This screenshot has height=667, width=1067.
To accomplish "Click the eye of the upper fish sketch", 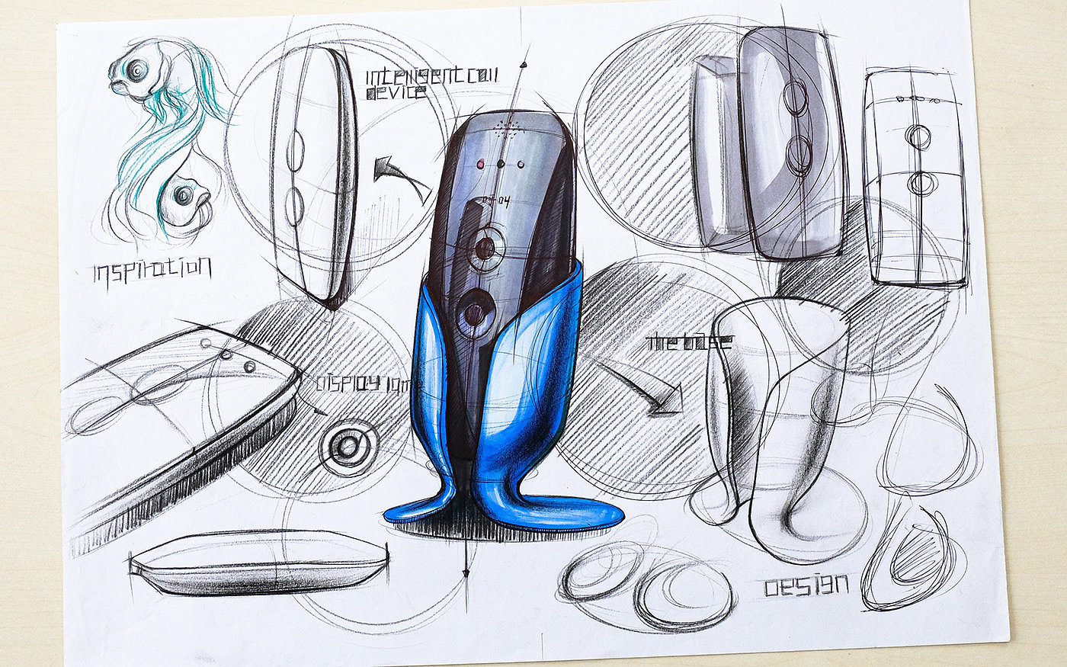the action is [136, 71].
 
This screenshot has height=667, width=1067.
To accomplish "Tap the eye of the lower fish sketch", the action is [183, 195].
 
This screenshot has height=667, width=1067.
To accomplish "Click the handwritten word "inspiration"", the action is [152, 269].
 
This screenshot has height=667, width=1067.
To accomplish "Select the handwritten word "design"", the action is [806, 585].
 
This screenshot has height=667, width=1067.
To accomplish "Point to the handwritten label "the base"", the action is [688, 342].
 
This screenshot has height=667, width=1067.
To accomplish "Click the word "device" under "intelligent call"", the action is [396, 93].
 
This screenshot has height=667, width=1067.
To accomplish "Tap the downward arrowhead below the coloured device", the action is [465, 572].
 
